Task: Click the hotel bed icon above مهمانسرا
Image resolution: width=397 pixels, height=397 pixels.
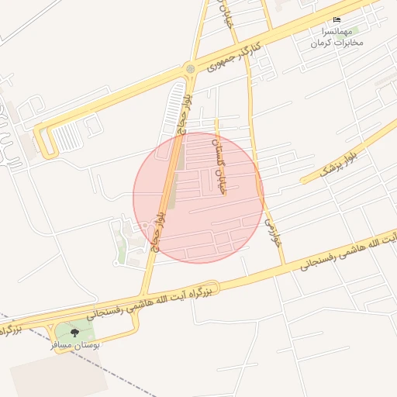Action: click(x=337, y=19)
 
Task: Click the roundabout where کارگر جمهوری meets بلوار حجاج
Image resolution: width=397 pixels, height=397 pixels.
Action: click(x=190, y=71)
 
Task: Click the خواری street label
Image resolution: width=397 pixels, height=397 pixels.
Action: click(x=271, y=231)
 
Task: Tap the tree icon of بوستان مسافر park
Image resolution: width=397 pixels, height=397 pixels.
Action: click(x=74, y=333)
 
